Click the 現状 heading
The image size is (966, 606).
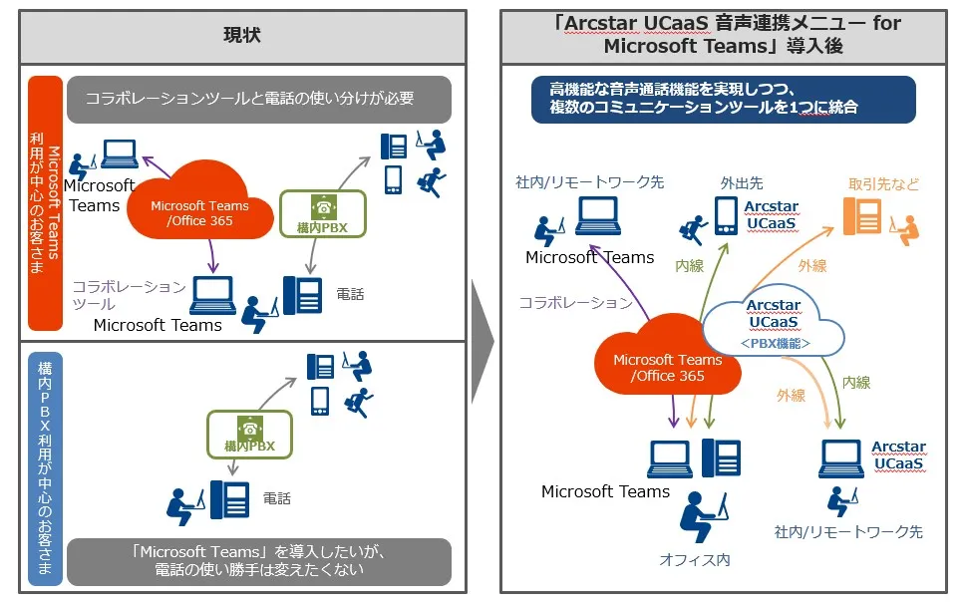(241, 36)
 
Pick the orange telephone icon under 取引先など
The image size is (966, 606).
(862, 215)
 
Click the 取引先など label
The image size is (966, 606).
(884, 184)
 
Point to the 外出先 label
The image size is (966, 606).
(742, 183)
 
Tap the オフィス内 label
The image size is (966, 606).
(694, 559)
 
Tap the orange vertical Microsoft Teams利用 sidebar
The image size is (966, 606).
(45, 203)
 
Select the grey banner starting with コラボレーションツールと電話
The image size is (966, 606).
(259, 99)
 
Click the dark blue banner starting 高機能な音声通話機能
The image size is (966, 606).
(723, 99)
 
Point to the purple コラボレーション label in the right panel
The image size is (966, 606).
(575, 302)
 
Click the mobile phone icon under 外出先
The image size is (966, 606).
(727, 215)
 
